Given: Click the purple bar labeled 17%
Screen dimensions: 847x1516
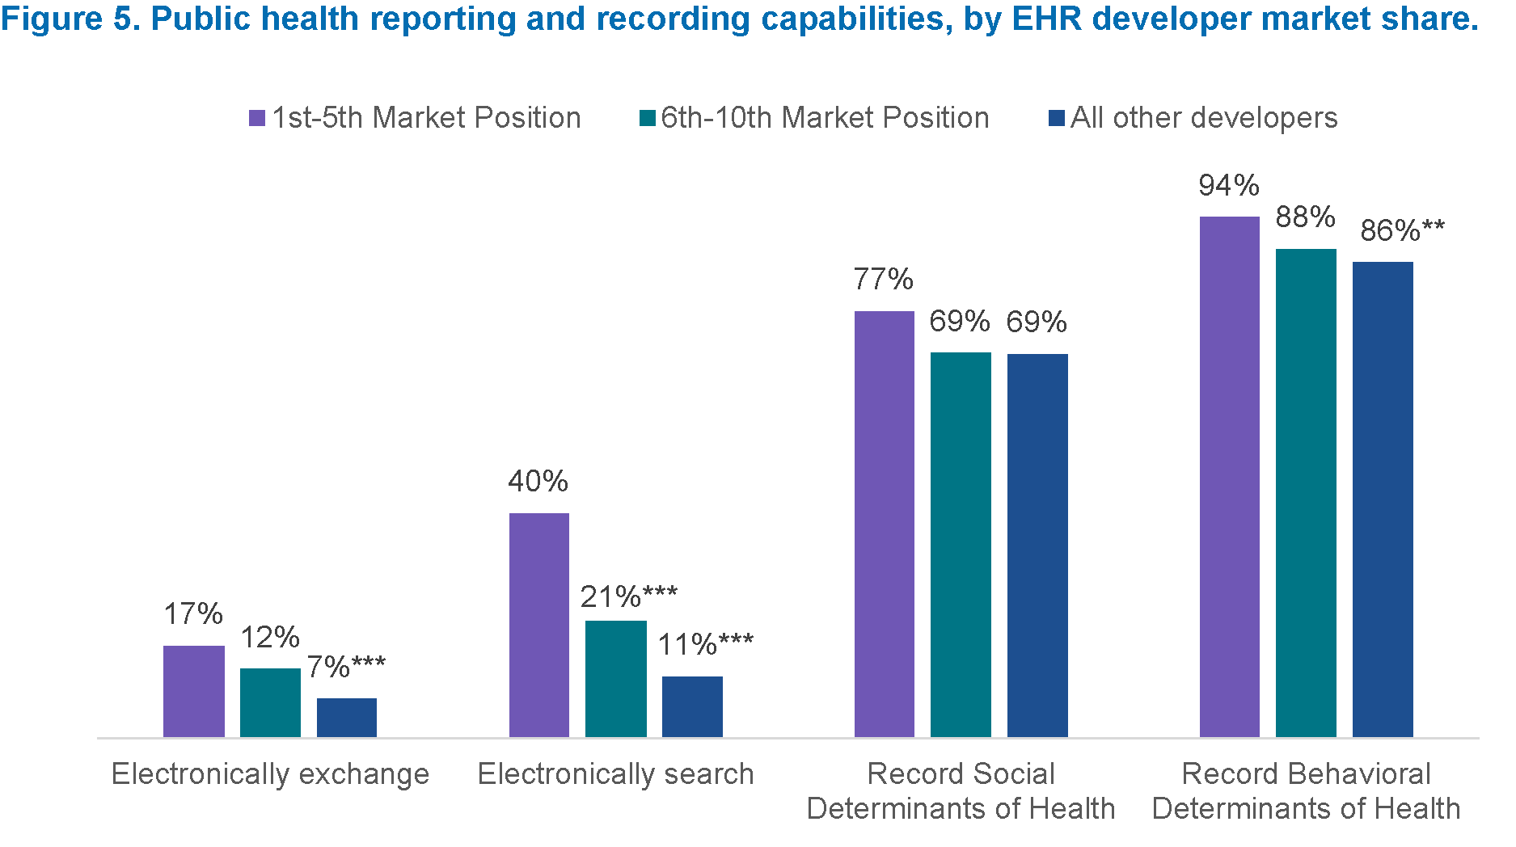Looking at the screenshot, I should click(193, 691).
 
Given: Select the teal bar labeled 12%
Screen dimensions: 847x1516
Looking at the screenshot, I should click(270, 702).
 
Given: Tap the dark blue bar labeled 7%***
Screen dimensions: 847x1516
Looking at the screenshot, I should click(346, 718).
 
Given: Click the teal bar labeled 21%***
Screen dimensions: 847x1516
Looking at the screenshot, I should click(615, 679).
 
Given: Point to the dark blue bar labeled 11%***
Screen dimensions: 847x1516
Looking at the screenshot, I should click(692, 706).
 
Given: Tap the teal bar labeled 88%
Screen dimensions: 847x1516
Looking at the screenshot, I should click(1306, 493).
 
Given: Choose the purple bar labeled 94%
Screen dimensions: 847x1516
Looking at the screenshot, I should click(1229, 477).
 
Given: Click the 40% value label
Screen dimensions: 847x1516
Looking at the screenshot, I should click(538, 482).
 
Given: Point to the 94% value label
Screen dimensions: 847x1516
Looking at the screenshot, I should click(1229, 186).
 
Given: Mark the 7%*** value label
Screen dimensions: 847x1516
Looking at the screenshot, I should click(346, 668).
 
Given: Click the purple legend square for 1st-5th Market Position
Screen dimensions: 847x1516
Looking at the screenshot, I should click(257, 119).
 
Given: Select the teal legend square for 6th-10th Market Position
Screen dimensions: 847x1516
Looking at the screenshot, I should click(647, 119).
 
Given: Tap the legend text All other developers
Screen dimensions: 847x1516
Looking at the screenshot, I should click(1204, 118).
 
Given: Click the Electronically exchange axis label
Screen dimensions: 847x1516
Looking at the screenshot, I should click(270, 774).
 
